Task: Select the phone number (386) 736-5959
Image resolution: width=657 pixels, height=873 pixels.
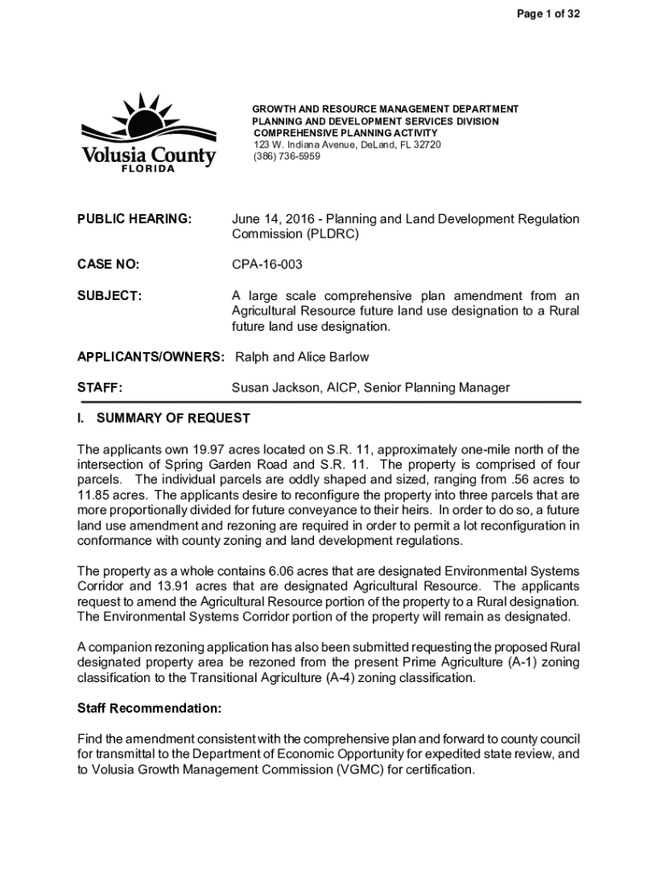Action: click(x=286, y=157)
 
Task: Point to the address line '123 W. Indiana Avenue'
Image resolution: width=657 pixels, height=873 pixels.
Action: click(x=311, y=145)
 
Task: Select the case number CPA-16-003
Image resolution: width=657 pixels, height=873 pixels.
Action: click(x=268, y=265)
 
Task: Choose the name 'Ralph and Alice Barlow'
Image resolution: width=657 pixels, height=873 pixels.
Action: click(x=301, y=357)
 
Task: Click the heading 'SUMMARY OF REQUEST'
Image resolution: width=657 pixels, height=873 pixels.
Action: click(x=173, y=419)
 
